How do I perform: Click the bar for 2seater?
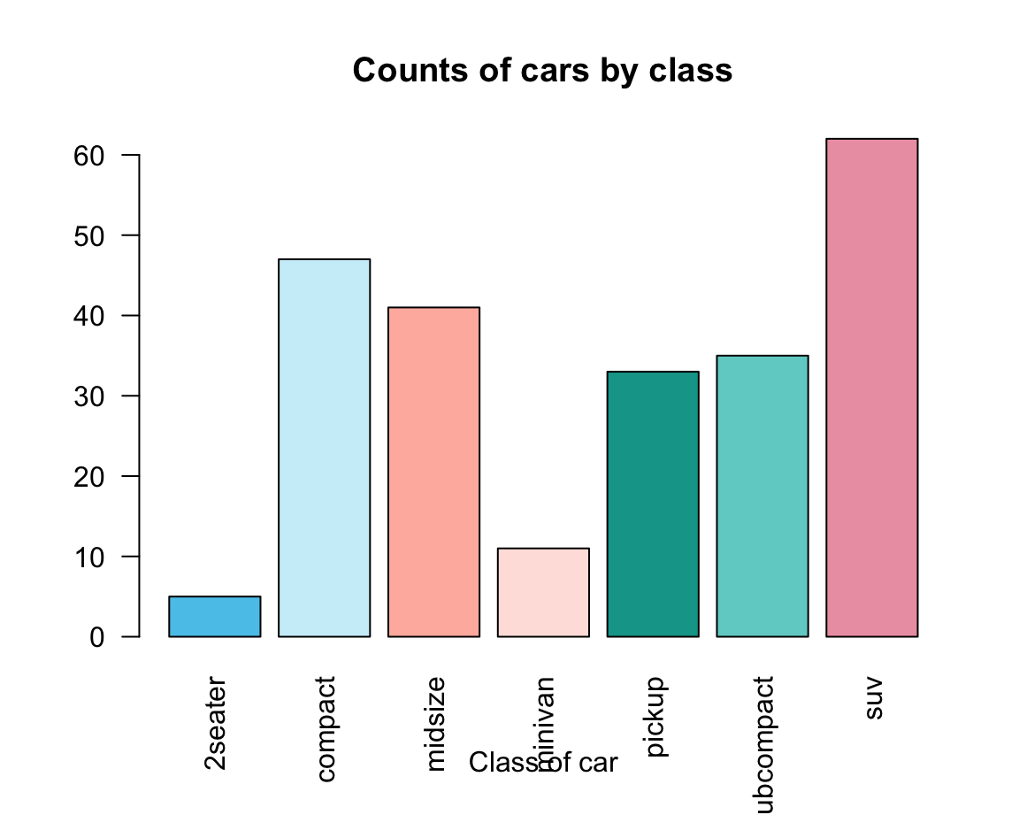click(214, 617)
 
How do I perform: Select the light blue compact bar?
click(324, 448)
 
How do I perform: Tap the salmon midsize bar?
click(433, 472)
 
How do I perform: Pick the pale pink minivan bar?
click(543, 592)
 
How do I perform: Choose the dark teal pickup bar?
click(653, 504)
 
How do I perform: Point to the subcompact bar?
click(762, 496)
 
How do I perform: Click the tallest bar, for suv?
click(871, 388)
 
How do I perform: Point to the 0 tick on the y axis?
click(97, 637)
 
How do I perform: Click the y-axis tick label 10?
click(90, 557)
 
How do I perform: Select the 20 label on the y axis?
click(90, 477)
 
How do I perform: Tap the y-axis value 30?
click(90, 396)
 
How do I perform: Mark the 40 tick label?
click(90, 316)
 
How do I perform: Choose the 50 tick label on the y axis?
click(90, 236)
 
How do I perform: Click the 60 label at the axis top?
click(90, 156)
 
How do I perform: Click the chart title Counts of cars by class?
click(542, 70)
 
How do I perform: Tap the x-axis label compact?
click(326, 729)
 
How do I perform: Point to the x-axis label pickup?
click(655, 718)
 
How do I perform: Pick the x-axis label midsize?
click(435, 724)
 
